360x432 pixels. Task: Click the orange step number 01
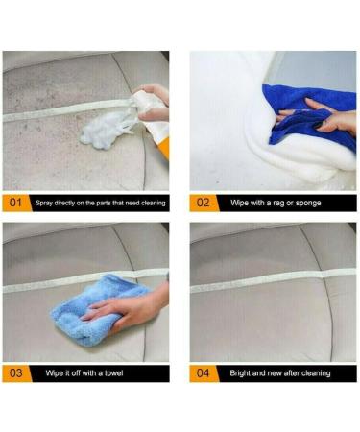15,204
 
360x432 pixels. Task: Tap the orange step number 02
203,204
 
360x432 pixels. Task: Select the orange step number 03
15,371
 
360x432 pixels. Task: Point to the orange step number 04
203,371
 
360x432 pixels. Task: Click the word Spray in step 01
45,204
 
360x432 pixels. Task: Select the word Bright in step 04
241,371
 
